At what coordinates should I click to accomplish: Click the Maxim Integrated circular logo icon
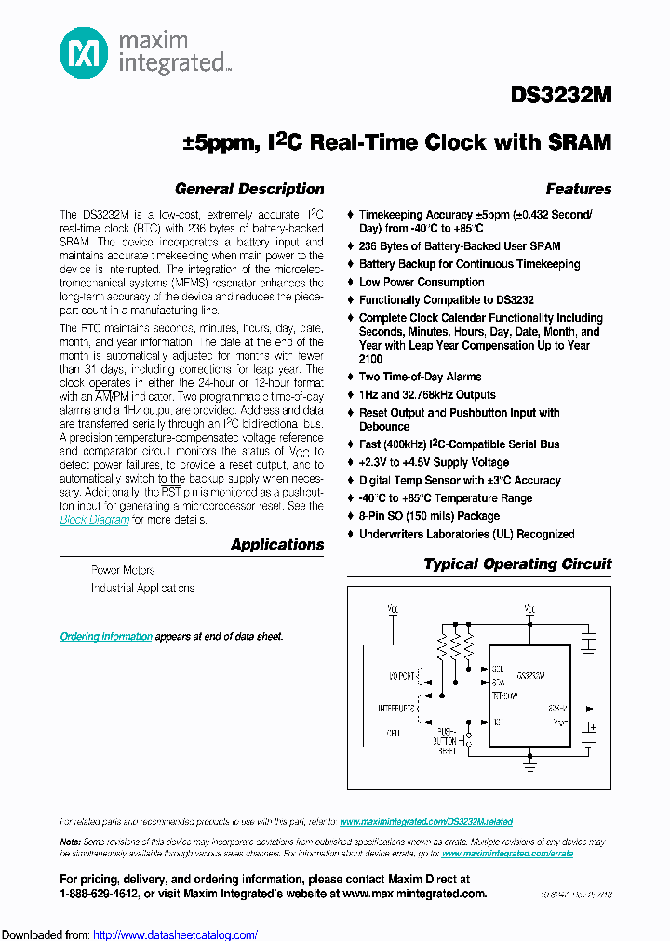tap(85, 53)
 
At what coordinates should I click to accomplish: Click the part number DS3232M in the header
tap(561, 96)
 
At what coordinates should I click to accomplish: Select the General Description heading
tap(249, 189)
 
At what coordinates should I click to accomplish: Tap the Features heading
tap(578, 189)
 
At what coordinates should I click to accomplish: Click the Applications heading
tap(277, 545)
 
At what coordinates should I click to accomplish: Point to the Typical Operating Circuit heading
tap(517, 563)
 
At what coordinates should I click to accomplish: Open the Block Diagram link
tap(94, 520)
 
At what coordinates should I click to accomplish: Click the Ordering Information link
tap(106, 636)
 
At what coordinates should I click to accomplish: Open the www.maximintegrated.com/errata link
tap(507, 853)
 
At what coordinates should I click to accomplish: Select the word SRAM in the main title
tap(579, 143)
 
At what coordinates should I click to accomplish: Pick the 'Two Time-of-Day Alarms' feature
tap(420, 377)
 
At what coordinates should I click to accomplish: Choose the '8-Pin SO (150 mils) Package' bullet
tap(429, 516)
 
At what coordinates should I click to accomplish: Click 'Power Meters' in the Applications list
tap(123, 570)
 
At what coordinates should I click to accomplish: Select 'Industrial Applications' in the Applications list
tap(142, 589)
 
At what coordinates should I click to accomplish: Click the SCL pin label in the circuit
tap(498, 668)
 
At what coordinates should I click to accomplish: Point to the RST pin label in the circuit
tap(498, 722)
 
